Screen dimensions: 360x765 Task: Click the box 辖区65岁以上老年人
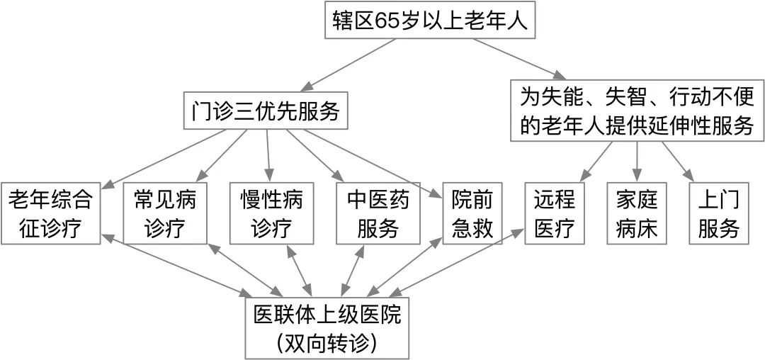431,21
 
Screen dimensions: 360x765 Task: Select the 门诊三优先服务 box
266,111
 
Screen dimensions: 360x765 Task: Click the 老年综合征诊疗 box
50,214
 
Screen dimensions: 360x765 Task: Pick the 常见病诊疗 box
165,214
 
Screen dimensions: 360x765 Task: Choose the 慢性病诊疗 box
272,214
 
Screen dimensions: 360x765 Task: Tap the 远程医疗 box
555,214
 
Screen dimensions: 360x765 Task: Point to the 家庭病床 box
637,214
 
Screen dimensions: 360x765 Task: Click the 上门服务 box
719,214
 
